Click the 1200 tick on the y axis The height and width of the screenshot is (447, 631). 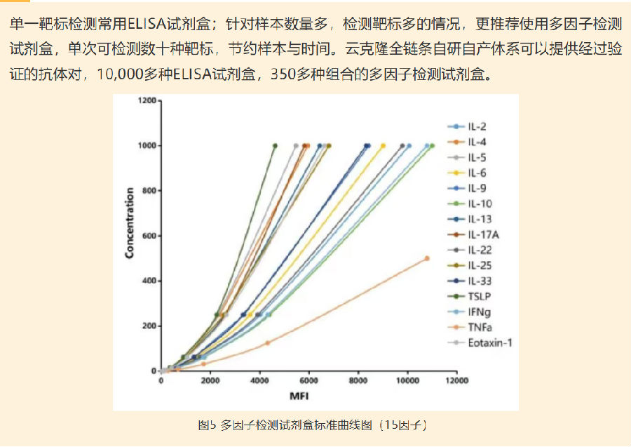click(147, 101)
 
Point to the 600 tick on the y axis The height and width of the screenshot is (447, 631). click(149, 236)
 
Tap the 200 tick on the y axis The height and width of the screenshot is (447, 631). click(149, 326)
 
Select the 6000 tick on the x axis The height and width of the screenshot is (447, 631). click(308, 381)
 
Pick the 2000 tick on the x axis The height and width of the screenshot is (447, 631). click(210, 381)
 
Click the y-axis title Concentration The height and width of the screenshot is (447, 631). click(130, 223)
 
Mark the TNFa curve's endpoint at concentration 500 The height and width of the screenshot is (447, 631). click(427, 258)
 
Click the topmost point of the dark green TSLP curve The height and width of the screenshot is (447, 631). click(275, 146)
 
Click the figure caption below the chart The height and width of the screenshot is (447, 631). click(312, 425)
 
